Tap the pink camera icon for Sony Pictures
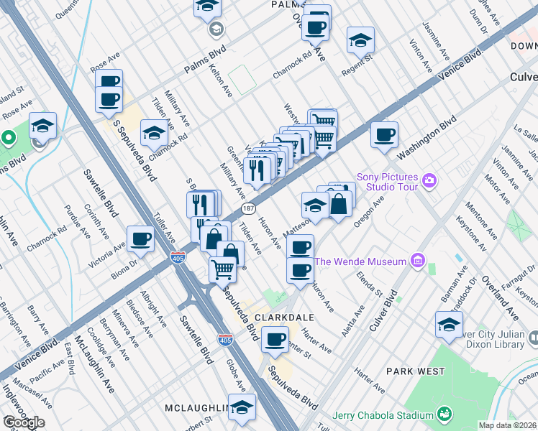(x=429, y=179)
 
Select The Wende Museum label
(x=360, y=261)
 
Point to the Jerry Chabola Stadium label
(x=383, y=415)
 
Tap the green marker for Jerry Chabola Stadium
(x=444, y=414)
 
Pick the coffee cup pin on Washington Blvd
(x=384, y=134)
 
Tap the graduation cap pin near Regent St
(x=360, y=40)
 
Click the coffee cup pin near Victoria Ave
(x=141, y=238)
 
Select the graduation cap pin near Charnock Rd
(x=153, y=134)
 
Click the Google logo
(x=24, y=422)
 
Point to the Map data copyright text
(x=508, y=425)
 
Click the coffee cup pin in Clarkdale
(x=274, y=340)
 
